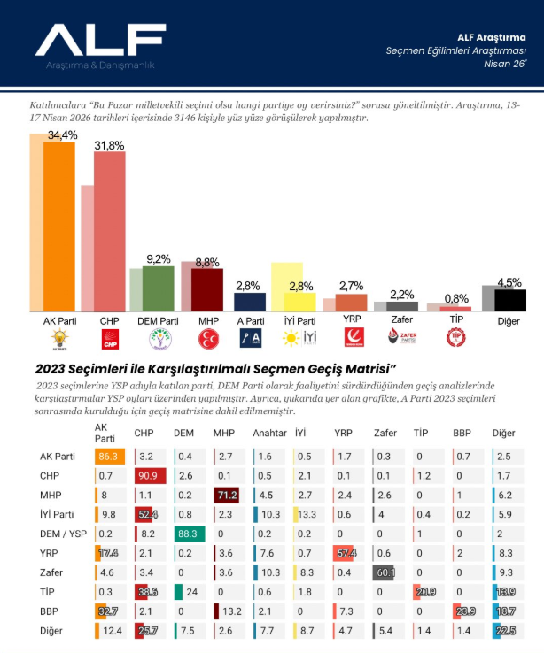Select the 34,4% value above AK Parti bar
[x=62, y=135]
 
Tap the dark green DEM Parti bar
[x=159, y=288]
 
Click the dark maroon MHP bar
[x=207, y=289]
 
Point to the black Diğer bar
[x=510, y=300]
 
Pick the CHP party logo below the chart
[x=109, y=337]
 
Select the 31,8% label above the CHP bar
[x=109, y=146]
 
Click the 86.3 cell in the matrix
[x=108, y=457]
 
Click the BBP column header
[x=462, y=433]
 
